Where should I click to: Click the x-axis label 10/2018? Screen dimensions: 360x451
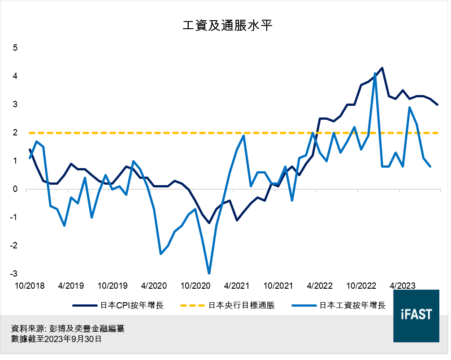pos(30,286)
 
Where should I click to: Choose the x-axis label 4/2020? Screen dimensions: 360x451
pos(154,286)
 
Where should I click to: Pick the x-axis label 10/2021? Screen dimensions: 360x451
pos(278,286)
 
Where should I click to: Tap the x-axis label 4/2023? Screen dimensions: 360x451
pos(402,286)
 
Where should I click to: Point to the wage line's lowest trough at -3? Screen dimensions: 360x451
pos(209,273)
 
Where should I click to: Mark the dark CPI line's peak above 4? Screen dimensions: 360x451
pos(382,68)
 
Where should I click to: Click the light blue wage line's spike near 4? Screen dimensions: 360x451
pos(375,74)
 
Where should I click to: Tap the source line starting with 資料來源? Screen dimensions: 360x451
pos(68,329)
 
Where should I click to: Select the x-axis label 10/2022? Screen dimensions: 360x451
pos(361,286)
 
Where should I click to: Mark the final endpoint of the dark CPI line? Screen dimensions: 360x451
pos(437,104)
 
